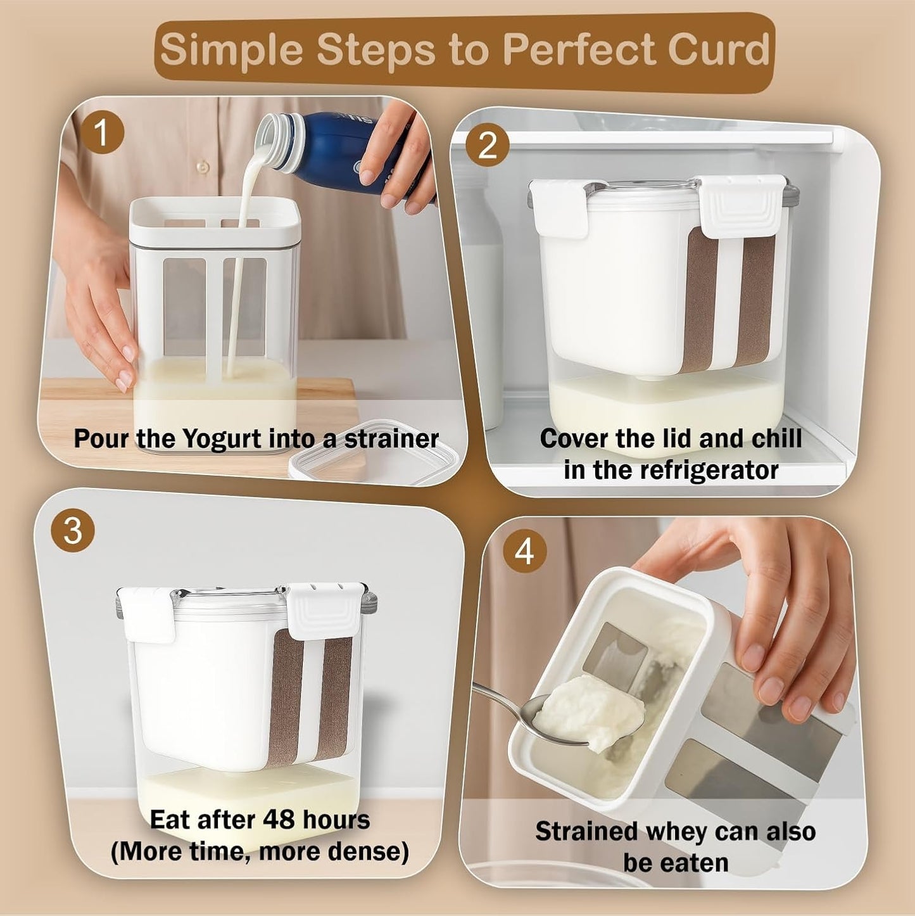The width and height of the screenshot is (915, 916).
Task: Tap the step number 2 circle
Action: point(488,146)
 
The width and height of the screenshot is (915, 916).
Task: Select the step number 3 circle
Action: point(73,530)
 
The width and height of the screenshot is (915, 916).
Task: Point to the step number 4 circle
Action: point(524,552)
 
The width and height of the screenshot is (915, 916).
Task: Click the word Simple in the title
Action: point(232,50)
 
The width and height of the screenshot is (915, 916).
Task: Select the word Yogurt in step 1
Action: point(222,438)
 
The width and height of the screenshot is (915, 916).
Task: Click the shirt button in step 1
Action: point(203,167)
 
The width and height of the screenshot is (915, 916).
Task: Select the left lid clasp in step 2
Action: point(559,208)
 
